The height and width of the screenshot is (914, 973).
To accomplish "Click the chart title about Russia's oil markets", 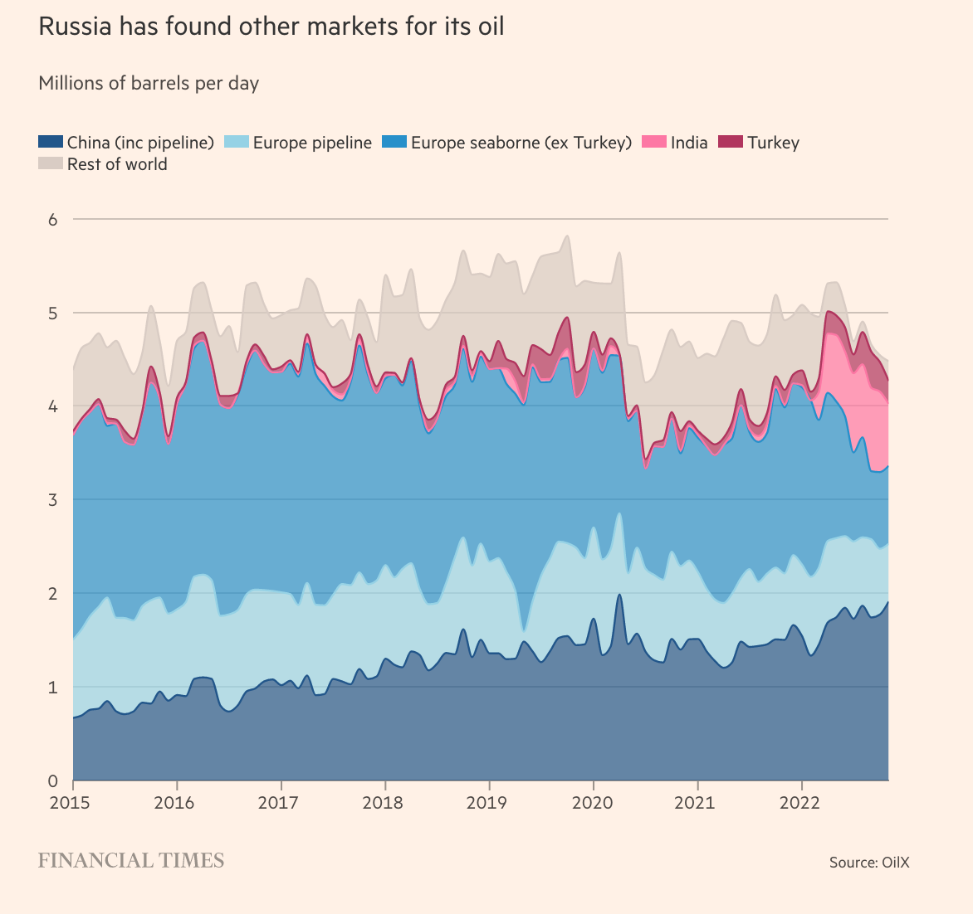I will (x=271, y=27).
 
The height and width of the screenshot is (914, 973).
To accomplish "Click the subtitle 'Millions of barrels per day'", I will (x=149, y=84).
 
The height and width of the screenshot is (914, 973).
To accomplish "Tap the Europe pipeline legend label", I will (x=312, y=143).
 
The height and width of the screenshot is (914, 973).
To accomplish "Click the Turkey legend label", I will (x=773, y=143).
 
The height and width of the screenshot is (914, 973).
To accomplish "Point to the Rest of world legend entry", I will (x=116, y=164).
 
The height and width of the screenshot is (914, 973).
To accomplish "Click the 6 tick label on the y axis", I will (x=52, y=220).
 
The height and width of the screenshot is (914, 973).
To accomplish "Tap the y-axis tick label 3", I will (x=52, y=500).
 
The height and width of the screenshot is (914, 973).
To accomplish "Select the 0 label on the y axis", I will (x=52, y=780).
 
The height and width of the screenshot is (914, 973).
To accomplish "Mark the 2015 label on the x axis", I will (x=73, y=803).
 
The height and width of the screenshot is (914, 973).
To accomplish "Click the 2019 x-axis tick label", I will (x=489, y=803).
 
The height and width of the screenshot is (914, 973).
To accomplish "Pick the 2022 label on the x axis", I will (x=801, y=803).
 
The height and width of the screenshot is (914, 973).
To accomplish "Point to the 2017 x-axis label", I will (x=281, y=803).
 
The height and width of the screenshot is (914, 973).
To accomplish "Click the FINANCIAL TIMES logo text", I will (x=131, y=861).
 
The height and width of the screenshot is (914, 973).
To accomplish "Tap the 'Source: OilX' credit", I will (x=869, y=863).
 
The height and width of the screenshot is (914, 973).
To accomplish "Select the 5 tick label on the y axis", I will (x=52, y=314).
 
